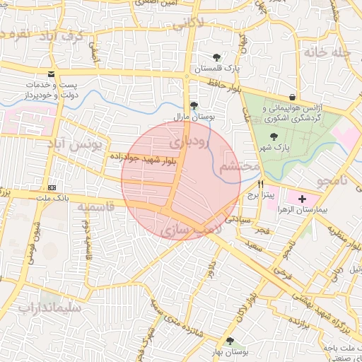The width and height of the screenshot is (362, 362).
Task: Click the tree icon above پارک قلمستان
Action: pyautogui.click(x=216, y=57)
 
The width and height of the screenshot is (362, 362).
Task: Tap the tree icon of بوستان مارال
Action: pyautogui.click(x=194, y=105)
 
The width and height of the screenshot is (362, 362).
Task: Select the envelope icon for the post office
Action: pyautogui.click(x=51, y=74)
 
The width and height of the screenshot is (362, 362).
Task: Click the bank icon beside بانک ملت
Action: pyautogui.click(x=52, y=187)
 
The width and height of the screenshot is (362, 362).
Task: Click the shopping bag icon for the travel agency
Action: pyautogui.click(x=292, y=97)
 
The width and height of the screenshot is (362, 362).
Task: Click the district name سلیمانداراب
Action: pyautogui.click(x=50, y=308)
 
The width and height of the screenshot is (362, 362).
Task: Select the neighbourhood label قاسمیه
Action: pyautogui.click(x=95, y=208)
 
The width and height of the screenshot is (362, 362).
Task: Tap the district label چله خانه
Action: pyautogui.click(x=329, y=52)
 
